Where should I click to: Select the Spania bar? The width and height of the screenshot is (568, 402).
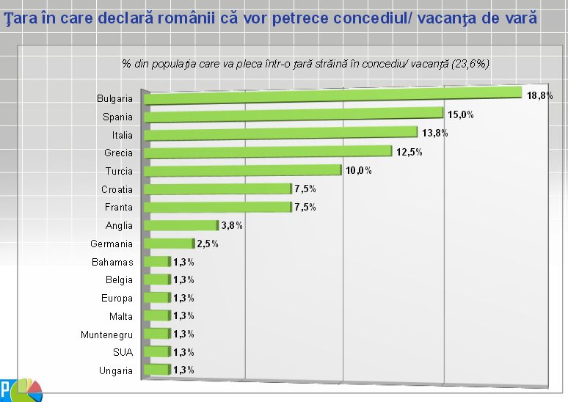coord(294,114)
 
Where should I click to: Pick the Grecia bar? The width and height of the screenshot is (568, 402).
coord(268,151)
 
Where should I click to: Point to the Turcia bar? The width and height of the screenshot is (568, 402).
coord(243,170)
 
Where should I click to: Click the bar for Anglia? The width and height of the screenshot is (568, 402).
coord(181,225)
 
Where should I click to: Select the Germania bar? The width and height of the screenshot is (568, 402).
coord(169,244)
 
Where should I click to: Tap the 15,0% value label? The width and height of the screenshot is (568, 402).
coord(462,115)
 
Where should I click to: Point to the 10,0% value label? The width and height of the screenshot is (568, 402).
coord(359,171)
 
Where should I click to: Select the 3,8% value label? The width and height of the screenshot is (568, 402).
coord(232,226)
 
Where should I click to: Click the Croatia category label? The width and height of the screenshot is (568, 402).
coord(117,189)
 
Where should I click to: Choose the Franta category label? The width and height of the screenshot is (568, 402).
coord(117,208)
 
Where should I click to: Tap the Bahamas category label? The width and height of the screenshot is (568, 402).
coord(112,262)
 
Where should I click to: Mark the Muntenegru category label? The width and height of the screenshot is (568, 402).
coord(106,335)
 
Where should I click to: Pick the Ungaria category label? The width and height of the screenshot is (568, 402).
coord(116,370)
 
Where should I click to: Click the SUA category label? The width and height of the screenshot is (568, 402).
coord(123,352)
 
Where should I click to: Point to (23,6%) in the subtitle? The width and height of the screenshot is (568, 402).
coord(469,63)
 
